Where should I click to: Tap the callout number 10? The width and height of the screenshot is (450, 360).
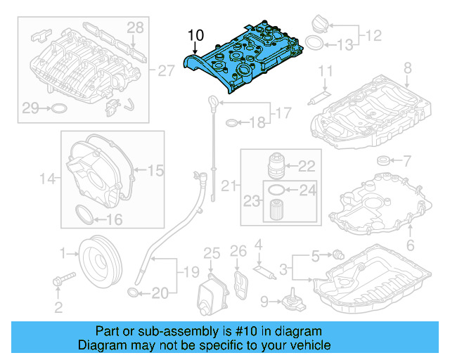(195, 34)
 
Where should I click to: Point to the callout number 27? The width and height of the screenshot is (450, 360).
(165, 71)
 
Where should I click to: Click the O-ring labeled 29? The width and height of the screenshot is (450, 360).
(59, 108)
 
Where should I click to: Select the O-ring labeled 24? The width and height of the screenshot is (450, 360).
(277, 189)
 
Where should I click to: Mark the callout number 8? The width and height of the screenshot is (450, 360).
(406, 68)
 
